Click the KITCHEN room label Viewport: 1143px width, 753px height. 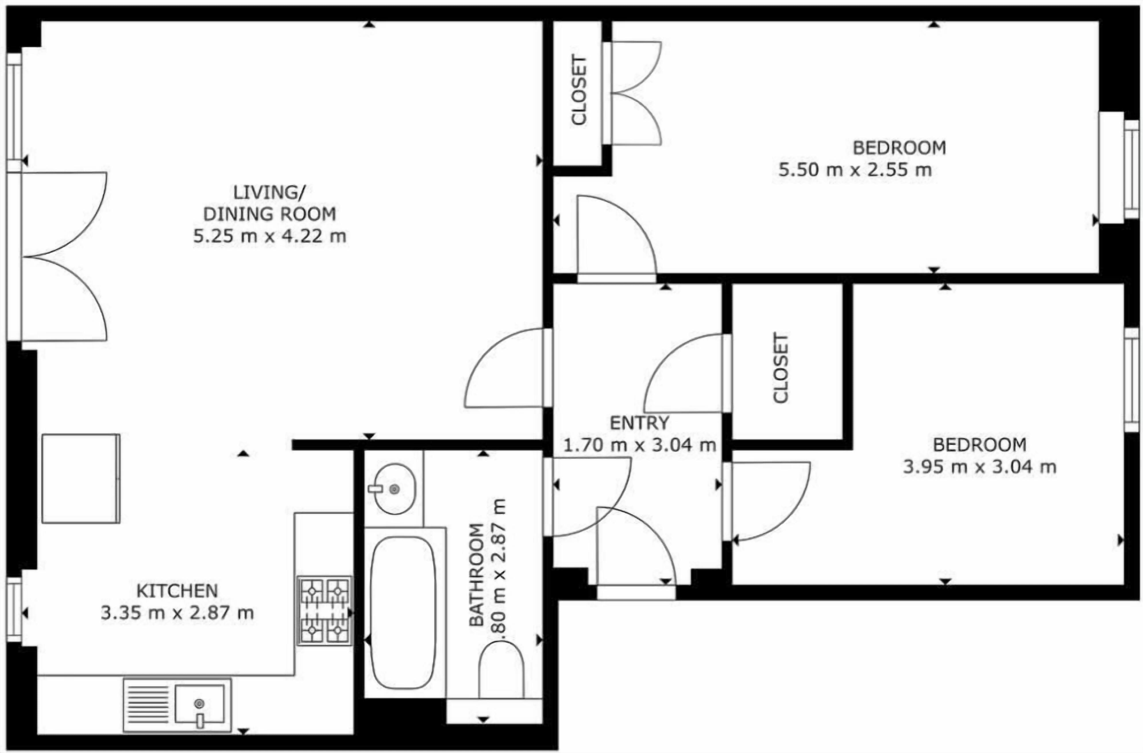tap(177, 590)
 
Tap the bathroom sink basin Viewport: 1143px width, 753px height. tap(394, 489)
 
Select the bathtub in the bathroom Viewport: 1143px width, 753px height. tap(403, 613)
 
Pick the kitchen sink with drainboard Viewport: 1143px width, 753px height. tap(177, 705)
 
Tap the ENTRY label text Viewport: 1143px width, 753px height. tap(639, 423)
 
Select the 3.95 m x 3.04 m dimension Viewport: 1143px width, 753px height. tap(980, 466)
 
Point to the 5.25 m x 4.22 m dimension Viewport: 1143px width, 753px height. tap(269, 237)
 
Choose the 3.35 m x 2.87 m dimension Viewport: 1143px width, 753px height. tap(177, 613)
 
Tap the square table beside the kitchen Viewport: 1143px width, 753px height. tap(81, 479)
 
